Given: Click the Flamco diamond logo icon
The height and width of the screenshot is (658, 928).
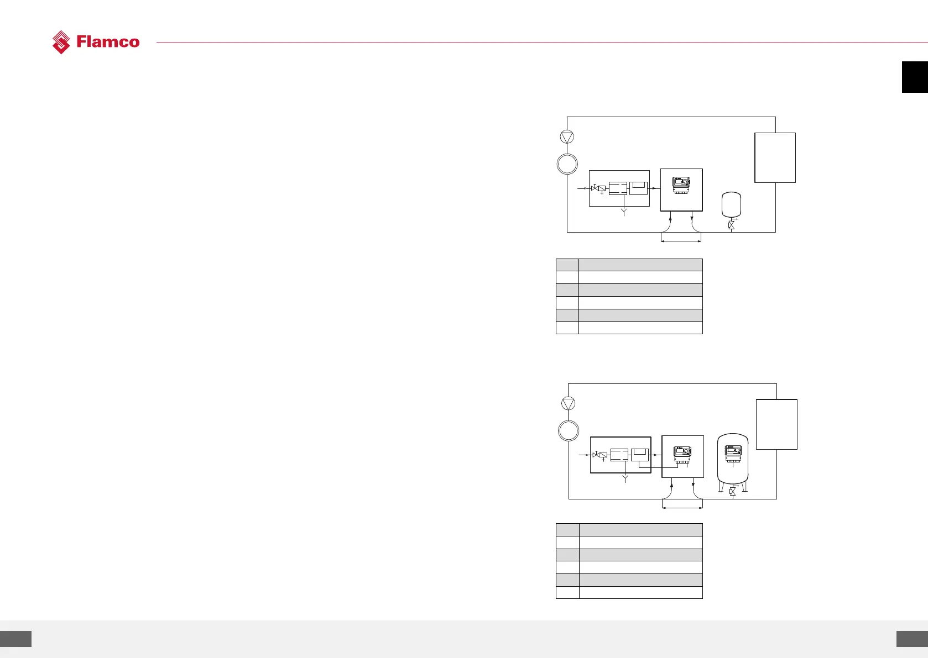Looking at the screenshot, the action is pyautogui.click(x=61, y=42).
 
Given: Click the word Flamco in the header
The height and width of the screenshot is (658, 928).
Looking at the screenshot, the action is pyautogui.click(x=108, y=42).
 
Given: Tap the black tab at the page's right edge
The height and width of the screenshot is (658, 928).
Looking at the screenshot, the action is pyautogui.click(x=915, y=77).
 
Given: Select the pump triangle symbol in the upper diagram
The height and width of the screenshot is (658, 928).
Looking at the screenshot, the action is pyautogui.click(x=567, y=137).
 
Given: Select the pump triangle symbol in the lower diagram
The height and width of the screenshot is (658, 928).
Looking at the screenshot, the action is pyautogui.click(x=568, y=403).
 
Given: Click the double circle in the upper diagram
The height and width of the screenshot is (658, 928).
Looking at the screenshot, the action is pyautogui.click(x=567, y=164).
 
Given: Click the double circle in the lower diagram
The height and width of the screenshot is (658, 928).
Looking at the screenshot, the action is pyautogui.click(x=568, y=430).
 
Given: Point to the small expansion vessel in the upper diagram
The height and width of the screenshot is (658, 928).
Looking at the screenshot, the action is pyautogui.click(x=732, y=205).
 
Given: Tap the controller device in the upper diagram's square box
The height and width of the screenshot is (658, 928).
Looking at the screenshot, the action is pyautogui.click(x=681, y=185).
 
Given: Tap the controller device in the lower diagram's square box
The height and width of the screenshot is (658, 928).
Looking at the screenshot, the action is pyautogui.click(x=682, y=454).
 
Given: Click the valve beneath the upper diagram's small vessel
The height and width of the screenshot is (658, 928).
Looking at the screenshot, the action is pyautogui.click(x=732, y=225).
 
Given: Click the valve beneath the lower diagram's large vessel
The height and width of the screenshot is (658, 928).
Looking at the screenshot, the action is pyautogui.click(x=733, y=491).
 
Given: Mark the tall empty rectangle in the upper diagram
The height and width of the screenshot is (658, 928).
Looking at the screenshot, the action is pyautogui.click(x=775, y=157).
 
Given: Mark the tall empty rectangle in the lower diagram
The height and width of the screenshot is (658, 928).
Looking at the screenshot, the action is pyautogui.click(x=776, y=424).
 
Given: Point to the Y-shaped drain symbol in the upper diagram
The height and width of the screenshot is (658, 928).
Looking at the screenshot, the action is pyautogui.click(x=624, y=212).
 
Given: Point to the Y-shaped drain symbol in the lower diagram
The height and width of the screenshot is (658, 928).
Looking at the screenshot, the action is pyautogui.click(x=625, y=478).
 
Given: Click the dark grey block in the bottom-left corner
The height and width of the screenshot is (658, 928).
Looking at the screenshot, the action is pyautogui.click(x=15, y=639).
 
